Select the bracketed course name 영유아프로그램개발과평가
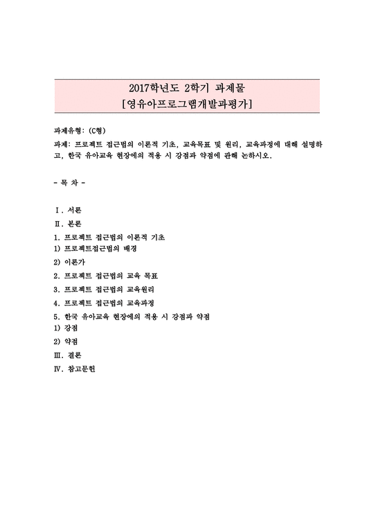[187, 105]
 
